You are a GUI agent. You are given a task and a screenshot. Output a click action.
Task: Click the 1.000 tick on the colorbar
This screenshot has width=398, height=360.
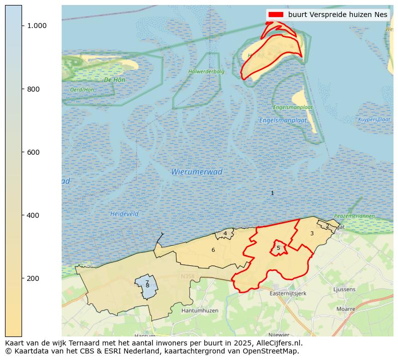point(37,26)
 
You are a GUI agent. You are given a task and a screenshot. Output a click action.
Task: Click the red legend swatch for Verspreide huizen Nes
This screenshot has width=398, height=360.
point(276,15)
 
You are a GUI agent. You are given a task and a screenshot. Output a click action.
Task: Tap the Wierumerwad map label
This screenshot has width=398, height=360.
point(196,172)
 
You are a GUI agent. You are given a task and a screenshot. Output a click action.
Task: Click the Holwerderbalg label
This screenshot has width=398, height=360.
point(207,72)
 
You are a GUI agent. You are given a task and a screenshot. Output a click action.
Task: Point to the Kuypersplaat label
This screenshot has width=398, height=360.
point(374,120)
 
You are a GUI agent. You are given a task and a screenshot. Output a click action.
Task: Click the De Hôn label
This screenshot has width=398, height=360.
point(115,80)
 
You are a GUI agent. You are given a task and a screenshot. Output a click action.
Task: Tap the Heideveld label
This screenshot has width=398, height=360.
point(124,214)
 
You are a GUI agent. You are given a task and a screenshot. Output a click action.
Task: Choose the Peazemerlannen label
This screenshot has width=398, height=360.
point(354,216)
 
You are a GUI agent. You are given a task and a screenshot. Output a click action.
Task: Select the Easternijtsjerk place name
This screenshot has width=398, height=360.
point(288,293)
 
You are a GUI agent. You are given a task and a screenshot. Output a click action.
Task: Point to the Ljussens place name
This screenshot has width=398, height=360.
point(344,289)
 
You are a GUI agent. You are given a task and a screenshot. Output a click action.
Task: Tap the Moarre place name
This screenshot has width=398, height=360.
point(346,309)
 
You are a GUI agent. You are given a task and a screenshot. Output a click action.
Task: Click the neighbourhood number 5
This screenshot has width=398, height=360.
point(278,248)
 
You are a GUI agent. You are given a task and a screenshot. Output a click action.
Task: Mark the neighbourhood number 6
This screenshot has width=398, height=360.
point(213,250)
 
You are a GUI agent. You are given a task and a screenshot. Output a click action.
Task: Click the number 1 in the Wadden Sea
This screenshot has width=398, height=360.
point(272,193)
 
